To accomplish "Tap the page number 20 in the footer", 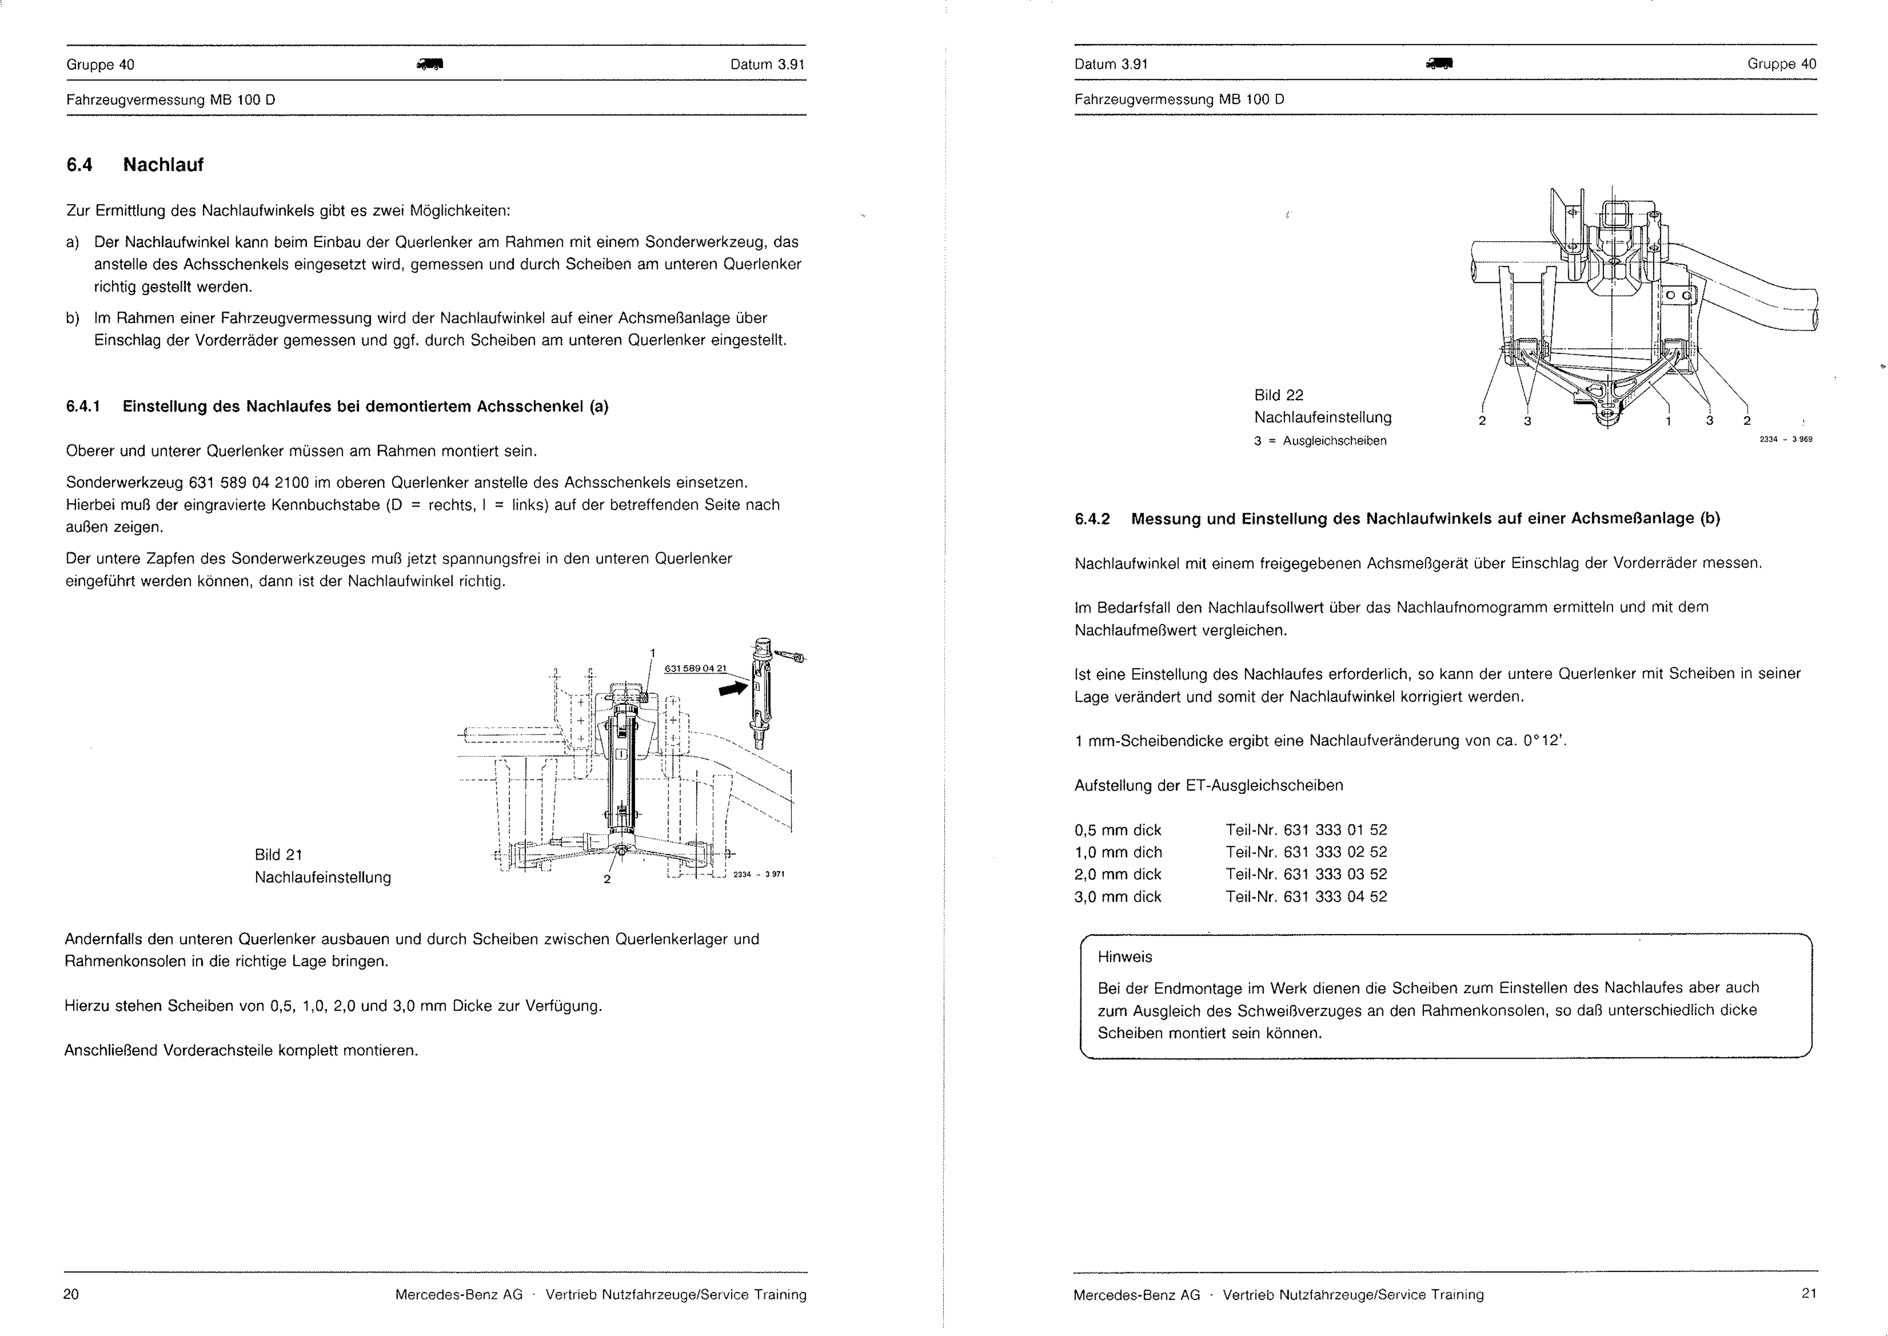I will coord(72,1294).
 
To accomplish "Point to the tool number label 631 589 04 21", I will coord(696,668).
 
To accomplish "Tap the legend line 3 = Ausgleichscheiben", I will coord(1320,441).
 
